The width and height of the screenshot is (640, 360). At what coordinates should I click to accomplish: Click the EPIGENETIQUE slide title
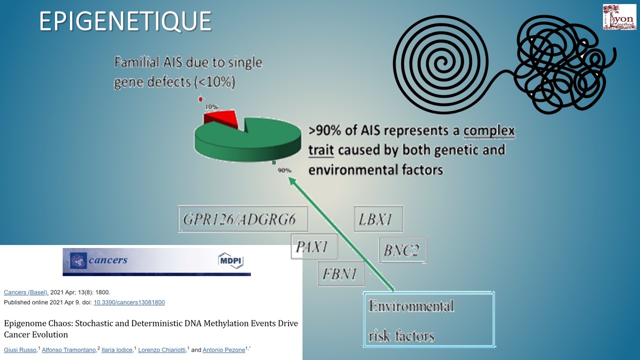(125, 21)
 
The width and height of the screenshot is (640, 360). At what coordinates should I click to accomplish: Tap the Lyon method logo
(619, 17)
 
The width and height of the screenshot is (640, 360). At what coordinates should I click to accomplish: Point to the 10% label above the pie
(211, 107)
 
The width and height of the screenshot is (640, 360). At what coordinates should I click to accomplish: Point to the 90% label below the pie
(284, 170)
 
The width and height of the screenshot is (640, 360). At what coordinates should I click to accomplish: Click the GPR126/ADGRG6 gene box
(243, 219)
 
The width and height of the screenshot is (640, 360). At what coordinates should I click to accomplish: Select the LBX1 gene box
(378, 219)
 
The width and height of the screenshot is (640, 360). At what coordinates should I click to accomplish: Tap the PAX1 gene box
(314, 246)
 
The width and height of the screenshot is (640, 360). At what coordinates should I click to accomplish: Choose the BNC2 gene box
(402, 250)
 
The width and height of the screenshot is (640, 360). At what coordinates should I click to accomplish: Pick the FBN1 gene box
(341, 273)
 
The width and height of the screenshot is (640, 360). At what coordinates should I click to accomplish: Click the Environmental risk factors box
(428, 319)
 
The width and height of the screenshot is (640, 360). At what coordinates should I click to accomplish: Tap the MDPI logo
(230, 260)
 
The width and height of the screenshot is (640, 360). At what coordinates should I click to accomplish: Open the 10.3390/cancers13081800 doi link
(129, 302)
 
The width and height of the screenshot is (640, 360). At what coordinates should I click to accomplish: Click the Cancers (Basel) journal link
(26, 292)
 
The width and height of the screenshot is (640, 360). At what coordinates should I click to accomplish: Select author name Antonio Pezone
(223, 349)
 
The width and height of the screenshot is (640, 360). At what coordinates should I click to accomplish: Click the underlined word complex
(489, 131)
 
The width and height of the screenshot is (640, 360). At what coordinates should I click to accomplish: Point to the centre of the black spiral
(441, 62)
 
